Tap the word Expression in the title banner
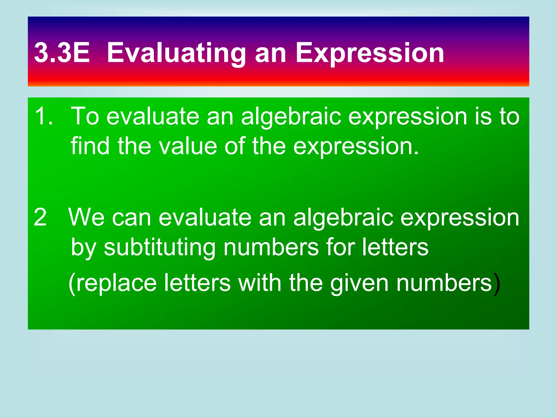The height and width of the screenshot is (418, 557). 370,53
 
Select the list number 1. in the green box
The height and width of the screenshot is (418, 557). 44,116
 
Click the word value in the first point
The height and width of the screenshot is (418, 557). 188,146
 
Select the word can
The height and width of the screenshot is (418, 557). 132,218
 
